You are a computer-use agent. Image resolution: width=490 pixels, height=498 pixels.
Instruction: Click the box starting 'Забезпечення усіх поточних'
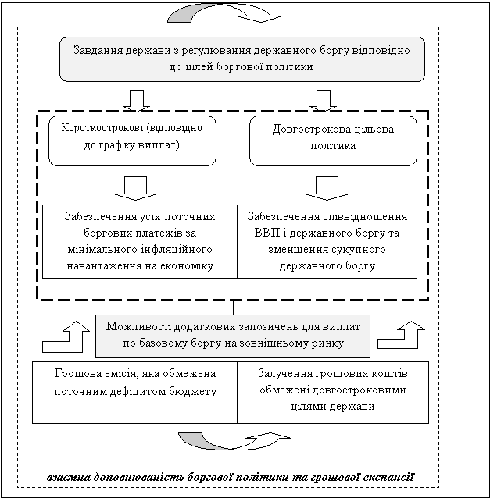(140, 241)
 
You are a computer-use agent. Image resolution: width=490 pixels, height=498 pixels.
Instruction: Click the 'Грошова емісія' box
(134, 391)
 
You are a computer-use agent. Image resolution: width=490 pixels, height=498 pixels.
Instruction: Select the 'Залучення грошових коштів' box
(332, 391)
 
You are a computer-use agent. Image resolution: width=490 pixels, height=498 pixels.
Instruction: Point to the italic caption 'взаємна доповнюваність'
(230, 476)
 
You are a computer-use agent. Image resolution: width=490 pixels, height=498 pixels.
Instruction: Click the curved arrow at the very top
(227, 13)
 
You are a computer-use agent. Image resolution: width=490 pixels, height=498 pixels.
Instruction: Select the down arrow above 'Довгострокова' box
(322, 100)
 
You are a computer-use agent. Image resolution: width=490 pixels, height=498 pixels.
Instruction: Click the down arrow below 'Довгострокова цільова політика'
(322, 187)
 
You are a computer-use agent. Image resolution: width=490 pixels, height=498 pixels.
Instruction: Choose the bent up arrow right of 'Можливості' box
(402, 335)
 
